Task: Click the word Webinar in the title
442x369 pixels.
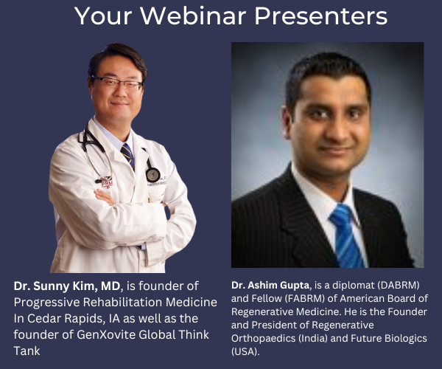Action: [x=201, y=15]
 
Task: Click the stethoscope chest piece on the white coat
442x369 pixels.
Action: [x=152, y=174]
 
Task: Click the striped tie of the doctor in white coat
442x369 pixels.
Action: [x=127, y=155]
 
